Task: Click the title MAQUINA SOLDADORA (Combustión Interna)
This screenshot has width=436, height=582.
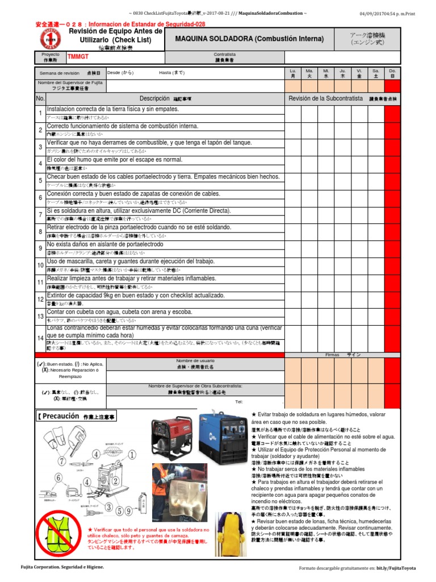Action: tap(249, 39)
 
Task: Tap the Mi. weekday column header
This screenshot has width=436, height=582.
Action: tap(326, 73)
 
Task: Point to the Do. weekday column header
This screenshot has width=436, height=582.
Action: tap(392, 73)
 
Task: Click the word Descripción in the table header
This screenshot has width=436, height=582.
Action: tap(154, 98)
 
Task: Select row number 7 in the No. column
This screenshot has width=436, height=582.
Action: tap(40, 215)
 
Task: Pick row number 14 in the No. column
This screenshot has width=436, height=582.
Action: tap(40, 338)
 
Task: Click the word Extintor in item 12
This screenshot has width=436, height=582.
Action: tap(57, 296)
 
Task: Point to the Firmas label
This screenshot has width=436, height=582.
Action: tap(332, 355)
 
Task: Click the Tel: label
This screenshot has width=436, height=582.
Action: tap(238, 402)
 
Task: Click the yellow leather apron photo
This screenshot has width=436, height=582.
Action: tap(231, 533)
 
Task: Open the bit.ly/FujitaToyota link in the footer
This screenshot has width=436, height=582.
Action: tap(396, 568)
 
